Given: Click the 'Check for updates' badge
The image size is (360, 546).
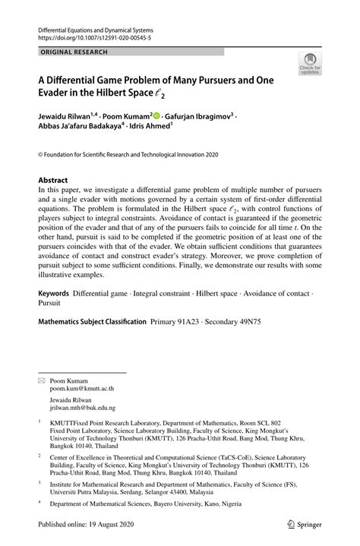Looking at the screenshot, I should click(x=309, y=65).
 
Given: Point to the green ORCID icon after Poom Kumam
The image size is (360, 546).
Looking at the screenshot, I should click(x=156, y=116).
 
